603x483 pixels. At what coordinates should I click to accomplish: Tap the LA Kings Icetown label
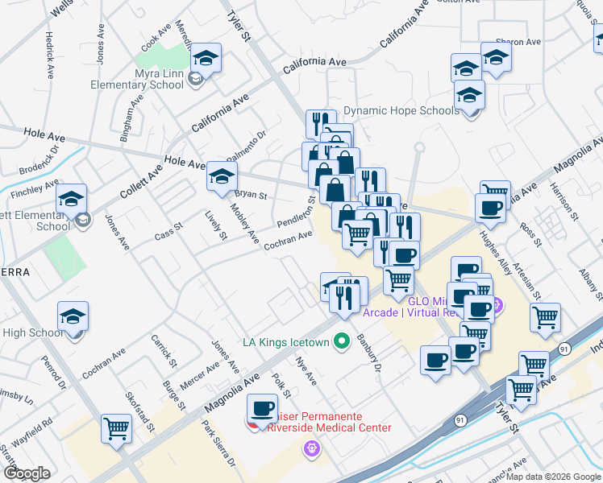click(x=286, y=342)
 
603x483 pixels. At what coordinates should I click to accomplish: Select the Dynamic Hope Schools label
click(x=401, y=110)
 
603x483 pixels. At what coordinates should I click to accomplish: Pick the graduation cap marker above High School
click(x=73, y=316)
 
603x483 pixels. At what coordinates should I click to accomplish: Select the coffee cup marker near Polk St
click(x=263, y=407)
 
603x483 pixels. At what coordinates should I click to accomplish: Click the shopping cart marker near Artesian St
click(x=546, y=316)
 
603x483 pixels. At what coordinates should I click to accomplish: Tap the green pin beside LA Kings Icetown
click(x=341, y=341)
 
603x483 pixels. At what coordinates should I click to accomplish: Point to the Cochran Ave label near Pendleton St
click(x=288, y=239)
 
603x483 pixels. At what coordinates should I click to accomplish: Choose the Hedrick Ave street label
click(x=50, y=55)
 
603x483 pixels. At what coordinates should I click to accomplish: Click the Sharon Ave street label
click(x=518, y=42)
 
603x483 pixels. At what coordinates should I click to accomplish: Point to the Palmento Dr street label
click(x=246, y=146)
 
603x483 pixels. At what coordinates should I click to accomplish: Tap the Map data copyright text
click(x=551, y=477)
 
